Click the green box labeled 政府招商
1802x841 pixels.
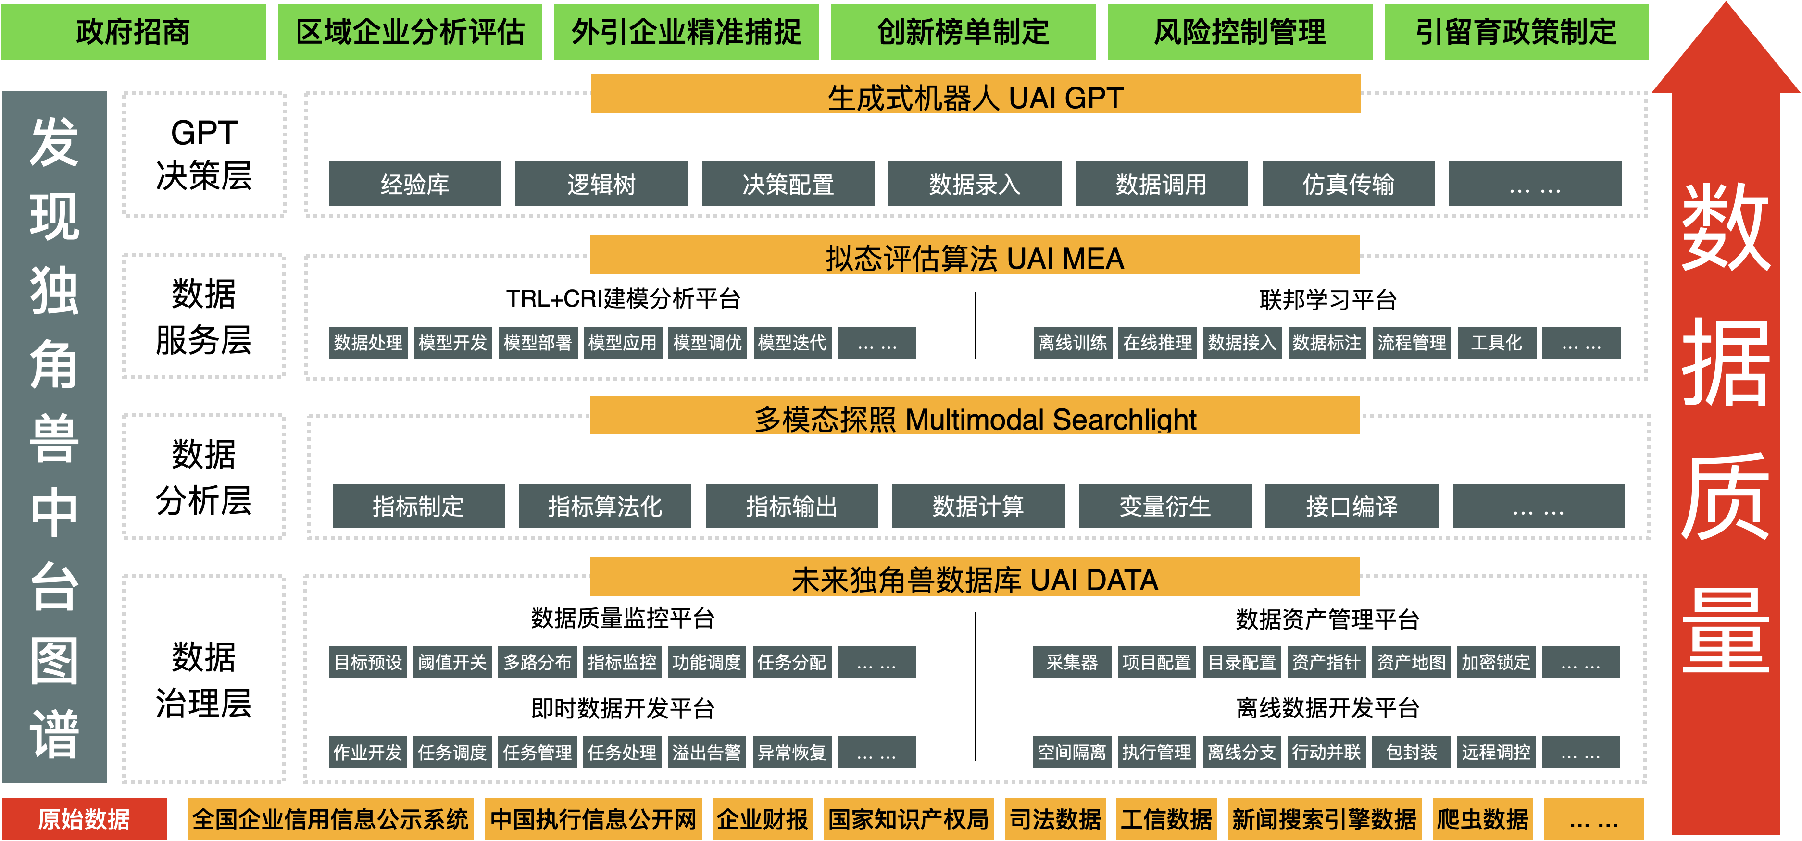tap(133, 31)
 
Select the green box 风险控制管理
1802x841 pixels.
tap(1239, 31)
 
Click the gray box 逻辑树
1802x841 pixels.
tap(601, 184)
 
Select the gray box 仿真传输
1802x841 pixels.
tap(1348, 184)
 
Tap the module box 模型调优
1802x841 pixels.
tap(707, 343)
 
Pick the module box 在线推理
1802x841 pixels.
tap(1157, 343)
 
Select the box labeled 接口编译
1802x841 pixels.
tap(1351, 506)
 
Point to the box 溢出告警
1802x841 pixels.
tap(707, 752)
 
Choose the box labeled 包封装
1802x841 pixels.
tap(1411, 752)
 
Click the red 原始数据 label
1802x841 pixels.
tap(84, 818)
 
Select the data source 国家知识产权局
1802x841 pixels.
tap(908, 818)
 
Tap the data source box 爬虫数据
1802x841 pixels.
tap(1482, 818)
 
